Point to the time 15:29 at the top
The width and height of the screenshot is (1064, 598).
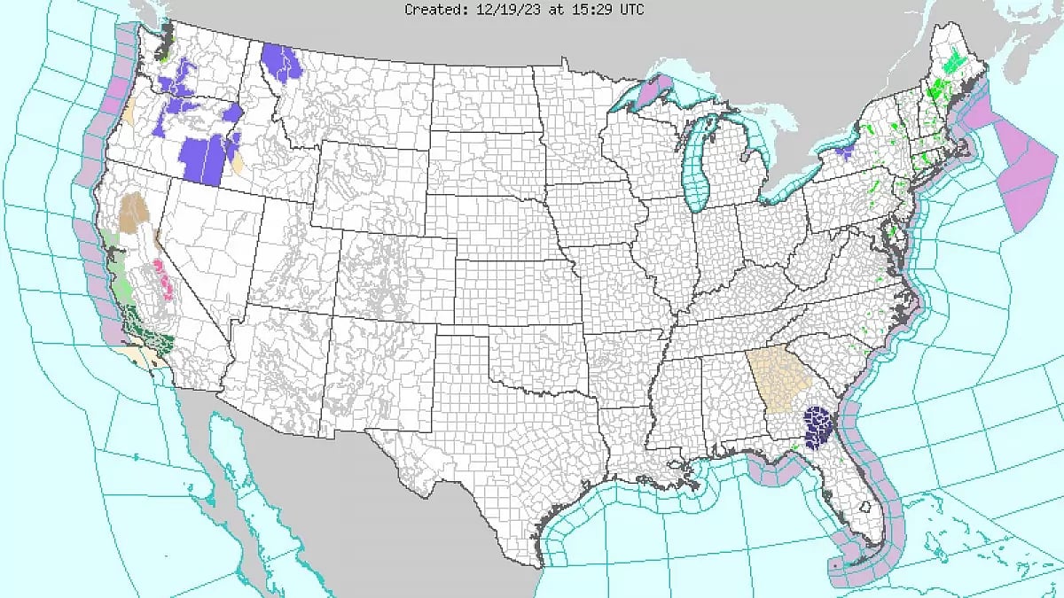(x=578, y=10)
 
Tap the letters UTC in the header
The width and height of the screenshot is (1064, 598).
(x=630, y=10)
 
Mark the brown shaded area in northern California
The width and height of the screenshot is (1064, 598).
(x=136, y=211)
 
